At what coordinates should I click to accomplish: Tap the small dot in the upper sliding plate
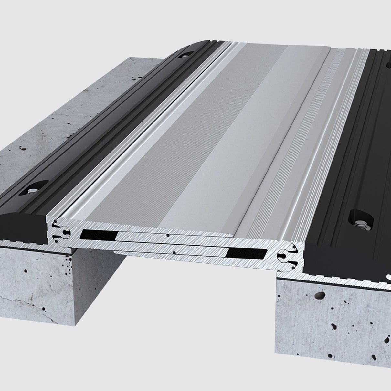tap(167, 236)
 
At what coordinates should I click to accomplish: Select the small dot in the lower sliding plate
tap(174, 253)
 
